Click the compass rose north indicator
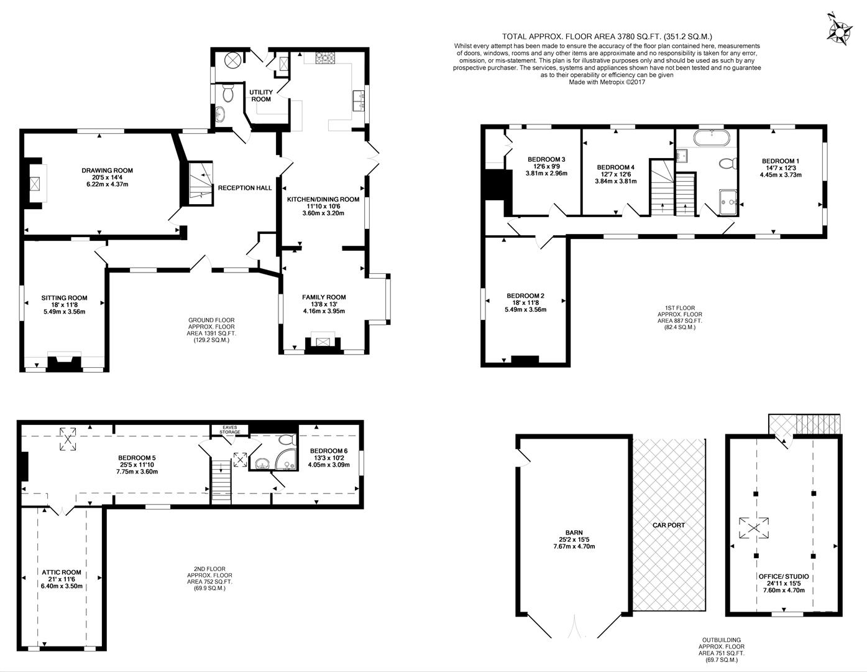(840, 29)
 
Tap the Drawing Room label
(107, 170)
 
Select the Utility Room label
(260, 96)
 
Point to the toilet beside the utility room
(227, 93)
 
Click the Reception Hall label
(244, 188)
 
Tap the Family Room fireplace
(322, 342)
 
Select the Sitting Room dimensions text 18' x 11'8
(64, 305)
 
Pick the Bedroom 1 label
(780, 161)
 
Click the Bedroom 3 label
(546, 159)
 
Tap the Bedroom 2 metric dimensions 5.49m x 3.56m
(525, 310)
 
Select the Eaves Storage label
(229, 430)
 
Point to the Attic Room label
(62, 572)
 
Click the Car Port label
(668, 525)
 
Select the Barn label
(574, 533)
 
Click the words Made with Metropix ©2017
(607, 82)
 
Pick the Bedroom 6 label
(329, 450)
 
